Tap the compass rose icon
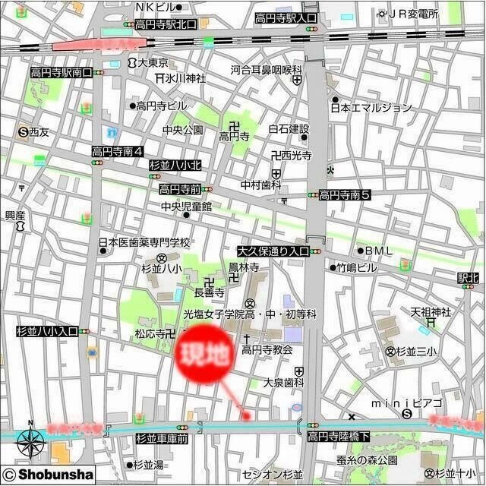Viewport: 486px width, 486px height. [30, 440]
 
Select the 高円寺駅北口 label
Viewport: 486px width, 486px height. [166, 24]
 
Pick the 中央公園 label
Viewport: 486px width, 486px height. [182, 130]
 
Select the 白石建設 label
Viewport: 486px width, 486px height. [289, 128]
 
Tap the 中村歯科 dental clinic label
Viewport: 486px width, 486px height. [261, 185]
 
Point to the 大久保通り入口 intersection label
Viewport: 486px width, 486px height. [273, 250]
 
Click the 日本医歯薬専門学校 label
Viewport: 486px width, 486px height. [144, 243]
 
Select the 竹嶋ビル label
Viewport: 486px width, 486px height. [356, 267]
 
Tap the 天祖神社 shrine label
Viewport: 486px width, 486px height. [431, 312]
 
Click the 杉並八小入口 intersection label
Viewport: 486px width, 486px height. [47, 332]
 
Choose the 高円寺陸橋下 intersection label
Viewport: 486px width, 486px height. [339, 437]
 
